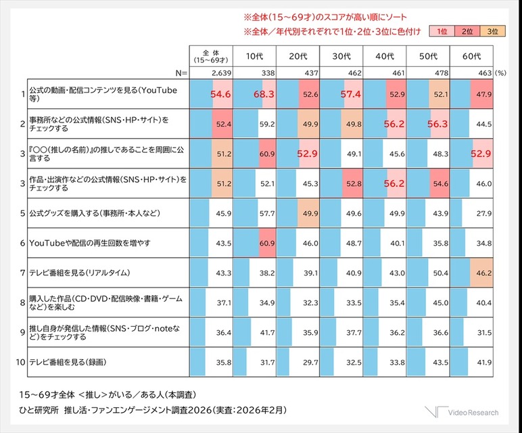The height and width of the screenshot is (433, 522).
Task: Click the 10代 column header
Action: pos(254,56)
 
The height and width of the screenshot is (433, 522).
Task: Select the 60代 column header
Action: pos(471,56)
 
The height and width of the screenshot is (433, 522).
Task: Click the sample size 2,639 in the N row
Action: pos(221,71)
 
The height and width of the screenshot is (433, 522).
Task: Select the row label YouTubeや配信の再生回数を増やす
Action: pos(91,244)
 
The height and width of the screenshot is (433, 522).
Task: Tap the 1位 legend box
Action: pos(442,32)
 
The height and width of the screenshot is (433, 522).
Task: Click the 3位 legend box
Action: pos(492,32)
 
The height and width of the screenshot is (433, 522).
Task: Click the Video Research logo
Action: pos(463,412)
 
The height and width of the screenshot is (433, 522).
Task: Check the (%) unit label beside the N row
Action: pos(500,71)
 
